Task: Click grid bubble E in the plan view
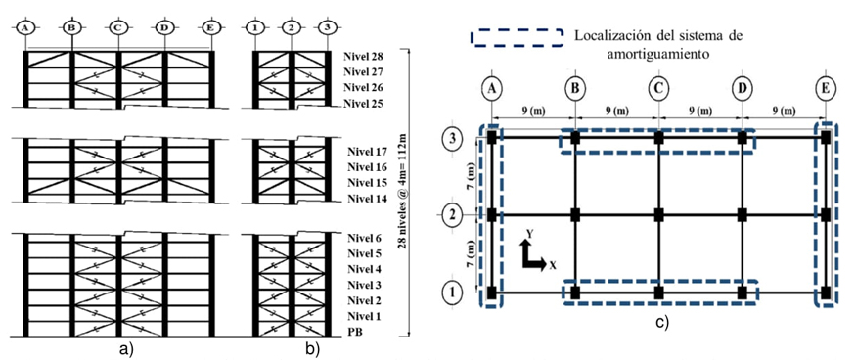(827, 90)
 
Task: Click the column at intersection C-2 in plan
(659, 214)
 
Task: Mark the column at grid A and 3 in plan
(492, 138)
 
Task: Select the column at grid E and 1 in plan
(827, 292)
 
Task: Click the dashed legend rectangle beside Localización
(517, 37)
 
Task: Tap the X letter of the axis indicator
(553, 265)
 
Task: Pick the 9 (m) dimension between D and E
(784, 110)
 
